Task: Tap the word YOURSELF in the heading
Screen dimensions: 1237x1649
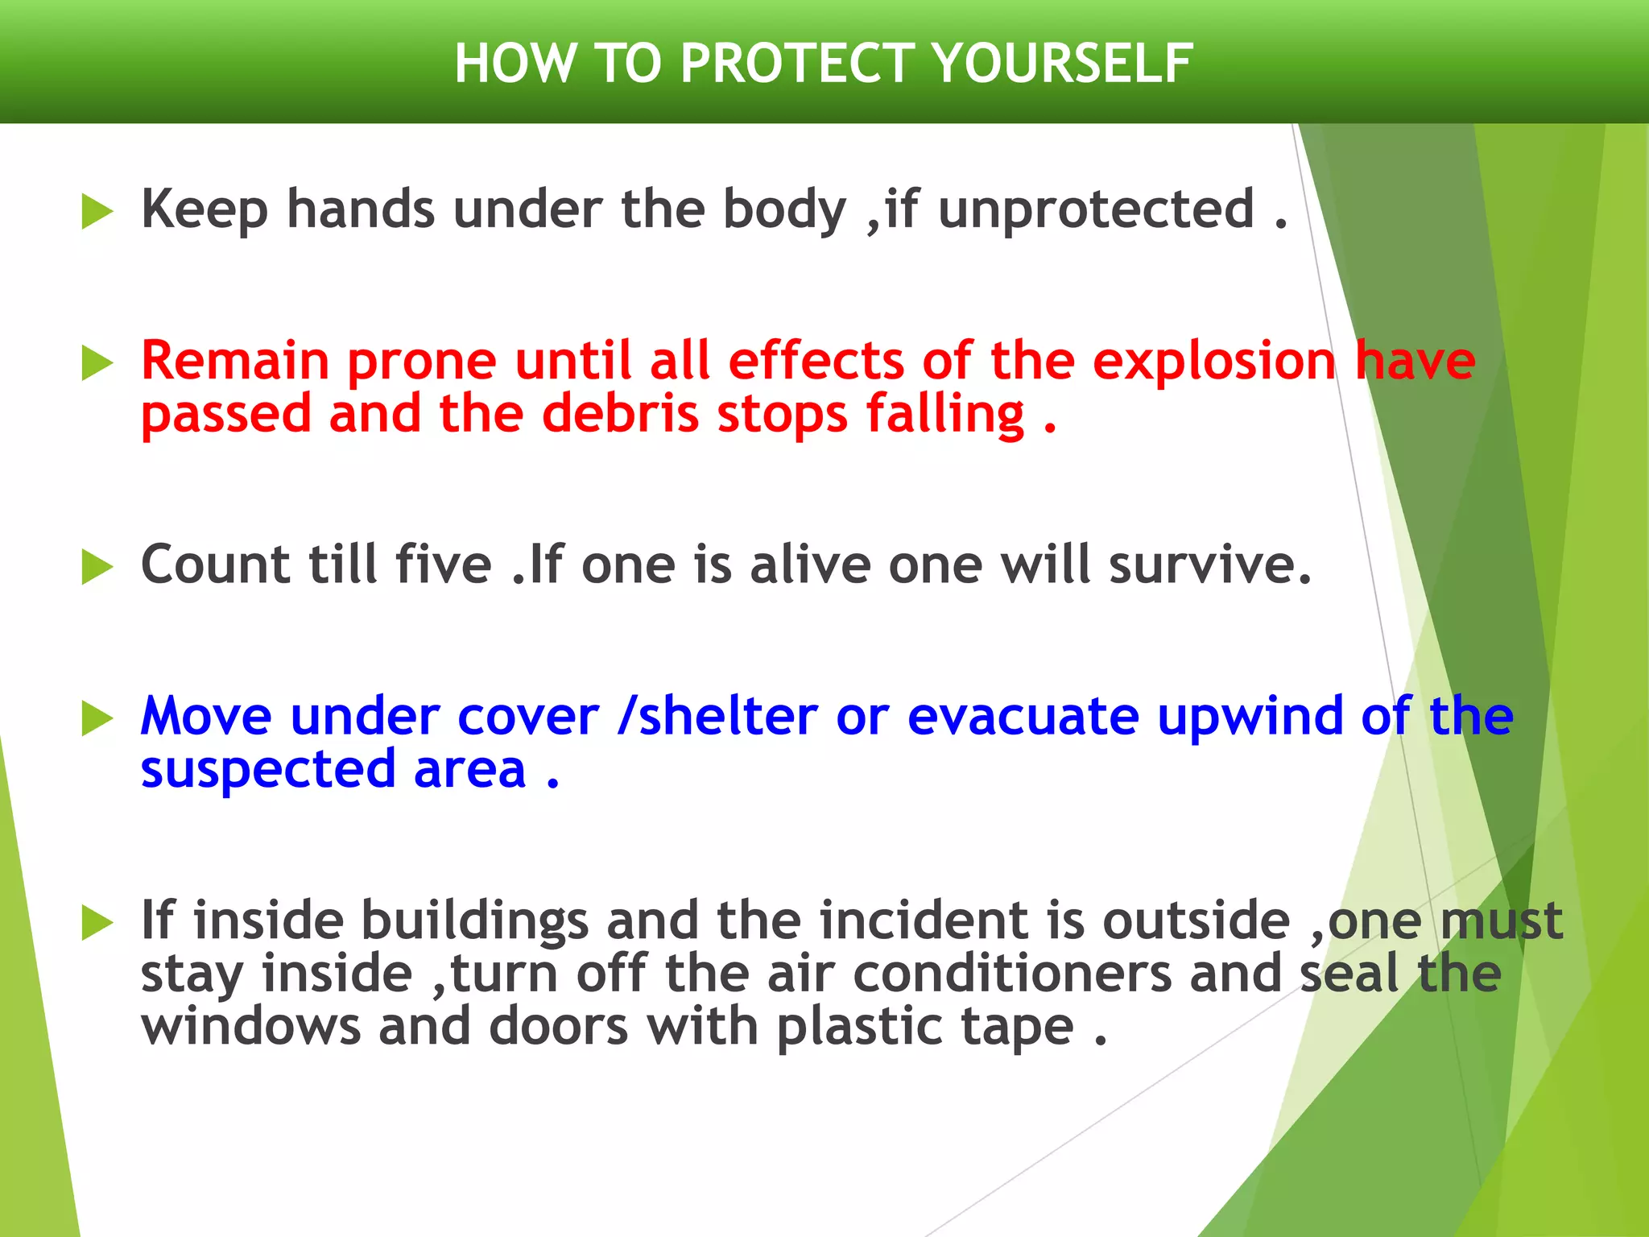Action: pos(1064,64)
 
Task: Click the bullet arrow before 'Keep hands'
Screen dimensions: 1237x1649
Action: pos(97,213)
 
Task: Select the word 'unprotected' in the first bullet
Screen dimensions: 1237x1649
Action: pos(1096,210)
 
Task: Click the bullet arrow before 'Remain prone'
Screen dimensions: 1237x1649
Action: pos(97,364)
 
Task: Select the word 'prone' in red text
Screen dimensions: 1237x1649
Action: pos(422,362)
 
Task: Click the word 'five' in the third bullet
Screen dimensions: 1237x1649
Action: pos(444,565)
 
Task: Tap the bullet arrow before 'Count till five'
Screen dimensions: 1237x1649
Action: pos(97,568)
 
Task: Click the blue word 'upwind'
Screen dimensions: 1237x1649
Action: pos(1250,716)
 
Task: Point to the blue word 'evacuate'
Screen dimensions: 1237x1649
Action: pos(1023,716)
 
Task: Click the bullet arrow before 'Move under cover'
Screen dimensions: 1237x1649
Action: pos(97,719)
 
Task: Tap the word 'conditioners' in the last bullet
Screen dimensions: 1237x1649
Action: pos(1012,974)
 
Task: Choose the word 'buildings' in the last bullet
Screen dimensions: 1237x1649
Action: pos(474,921)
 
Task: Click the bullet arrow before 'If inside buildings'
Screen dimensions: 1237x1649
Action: pos(97,923)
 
